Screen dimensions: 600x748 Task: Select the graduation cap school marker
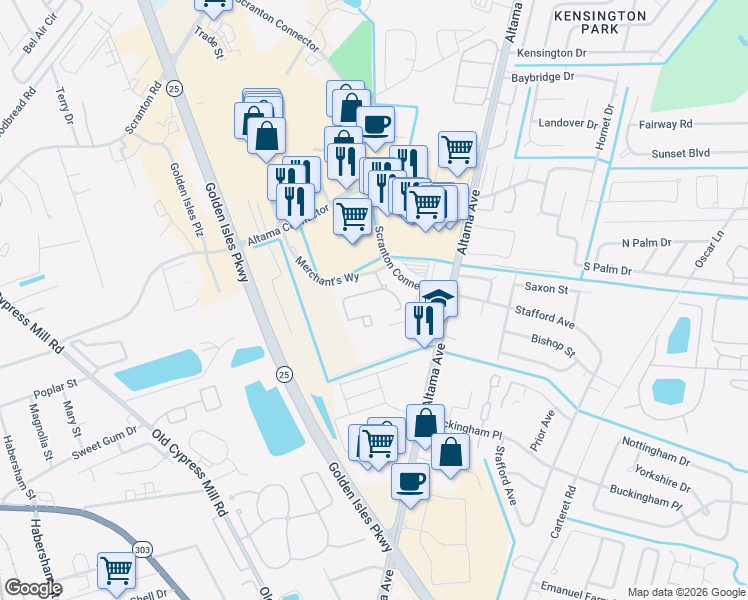(437, 297)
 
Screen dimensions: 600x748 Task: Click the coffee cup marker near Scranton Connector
(375, 125)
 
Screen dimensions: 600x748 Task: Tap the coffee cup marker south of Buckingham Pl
(410, 481)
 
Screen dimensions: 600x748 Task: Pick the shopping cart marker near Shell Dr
(117, 571)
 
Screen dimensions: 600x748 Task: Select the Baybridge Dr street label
(543, 76)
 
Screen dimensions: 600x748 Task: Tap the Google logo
(33, 588)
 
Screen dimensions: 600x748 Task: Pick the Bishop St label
(553, 346)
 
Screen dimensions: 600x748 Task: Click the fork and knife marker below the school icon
(424, 320)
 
